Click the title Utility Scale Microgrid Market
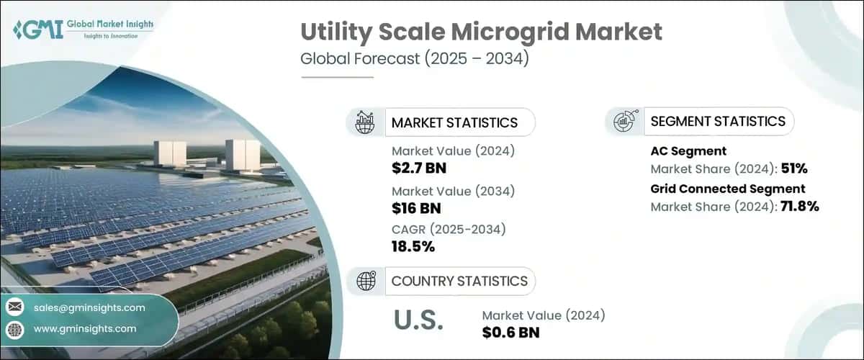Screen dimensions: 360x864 pos(481,32)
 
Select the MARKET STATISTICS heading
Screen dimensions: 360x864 pos(454,122)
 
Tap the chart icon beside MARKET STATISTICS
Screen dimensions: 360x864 pos(365,122)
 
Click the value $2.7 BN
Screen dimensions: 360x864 pos(420,169)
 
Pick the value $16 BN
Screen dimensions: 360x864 pos(416,208)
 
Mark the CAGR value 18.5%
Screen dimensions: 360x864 pos(413,246)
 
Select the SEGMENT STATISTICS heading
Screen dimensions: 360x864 pos(717,121)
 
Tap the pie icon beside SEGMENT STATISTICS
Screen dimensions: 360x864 pos(624,121)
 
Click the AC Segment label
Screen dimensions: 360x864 pos(688,152)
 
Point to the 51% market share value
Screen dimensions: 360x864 pos(793,170)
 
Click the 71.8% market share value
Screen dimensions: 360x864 pos(797,207)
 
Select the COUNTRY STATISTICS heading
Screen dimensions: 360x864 pos(459,281)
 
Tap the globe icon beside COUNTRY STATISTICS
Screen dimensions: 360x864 pos(365,281)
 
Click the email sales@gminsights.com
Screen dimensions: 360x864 pos(89,307)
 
